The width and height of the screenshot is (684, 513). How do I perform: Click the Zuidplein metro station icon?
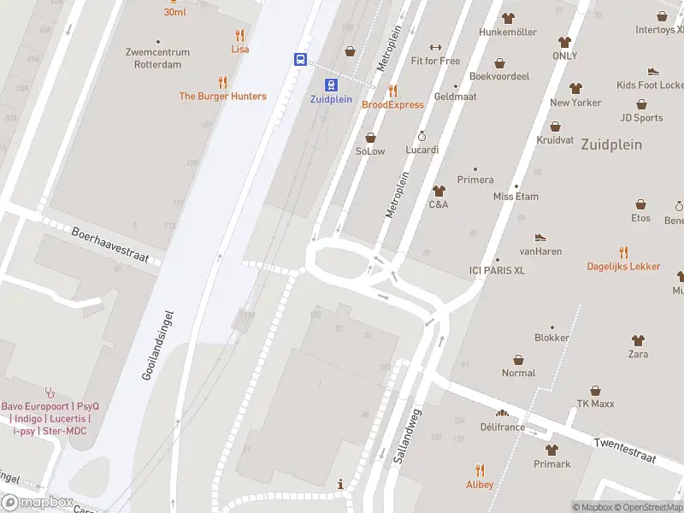click(330, 84)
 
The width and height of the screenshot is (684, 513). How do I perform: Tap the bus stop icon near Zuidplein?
click(301, 59)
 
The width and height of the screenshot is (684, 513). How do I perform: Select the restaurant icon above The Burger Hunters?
click(222, 82)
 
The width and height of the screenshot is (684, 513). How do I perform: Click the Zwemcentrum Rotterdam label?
click(157, 57)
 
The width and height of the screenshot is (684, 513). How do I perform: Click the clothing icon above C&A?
click(439, 191)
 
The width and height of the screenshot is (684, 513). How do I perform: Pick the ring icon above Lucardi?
click(422, 136)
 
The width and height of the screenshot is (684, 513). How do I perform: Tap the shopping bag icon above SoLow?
click(370, 137)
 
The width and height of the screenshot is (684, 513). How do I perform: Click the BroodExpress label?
click(392, 104)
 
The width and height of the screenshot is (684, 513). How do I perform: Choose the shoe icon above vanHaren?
click(540, 237)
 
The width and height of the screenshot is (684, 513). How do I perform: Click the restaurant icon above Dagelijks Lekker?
click(623, 252)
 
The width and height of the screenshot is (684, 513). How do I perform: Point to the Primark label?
click(551, 464)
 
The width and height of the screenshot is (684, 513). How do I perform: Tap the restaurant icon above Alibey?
click(480, 470)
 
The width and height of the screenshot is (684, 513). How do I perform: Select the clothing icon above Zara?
click(638, 340)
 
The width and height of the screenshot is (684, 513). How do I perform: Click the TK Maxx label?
click(596, 404)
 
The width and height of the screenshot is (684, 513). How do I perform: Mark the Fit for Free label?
click(435, 61)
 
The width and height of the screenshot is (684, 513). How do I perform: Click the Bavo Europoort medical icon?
click(50, 392)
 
